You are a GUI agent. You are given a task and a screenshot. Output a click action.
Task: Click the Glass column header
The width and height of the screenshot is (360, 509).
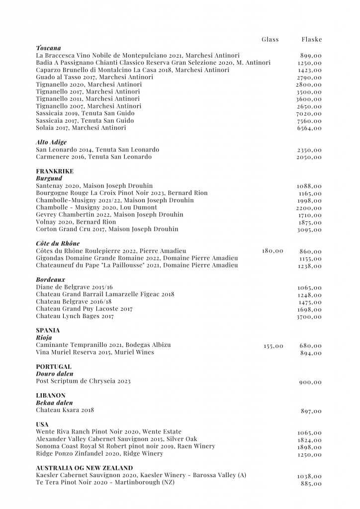pos(270,39)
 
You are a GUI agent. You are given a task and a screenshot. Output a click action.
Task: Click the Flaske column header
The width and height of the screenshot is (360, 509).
pos(312,39)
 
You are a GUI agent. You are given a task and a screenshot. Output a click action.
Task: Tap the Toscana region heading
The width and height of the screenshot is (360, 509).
pos(48,48)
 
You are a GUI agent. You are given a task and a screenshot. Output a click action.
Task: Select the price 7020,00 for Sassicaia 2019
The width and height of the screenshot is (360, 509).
pos(309,114)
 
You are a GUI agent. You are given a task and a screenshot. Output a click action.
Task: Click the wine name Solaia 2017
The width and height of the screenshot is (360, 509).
pos(81,128)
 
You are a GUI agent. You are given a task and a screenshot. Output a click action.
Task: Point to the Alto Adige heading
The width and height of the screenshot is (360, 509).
pos(51,142)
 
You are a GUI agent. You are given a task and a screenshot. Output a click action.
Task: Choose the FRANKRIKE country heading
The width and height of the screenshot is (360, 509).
pos(55,171)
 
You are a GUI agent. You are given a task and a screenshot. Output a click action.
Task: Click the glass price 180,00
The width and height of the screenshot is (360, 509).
pos(272,251)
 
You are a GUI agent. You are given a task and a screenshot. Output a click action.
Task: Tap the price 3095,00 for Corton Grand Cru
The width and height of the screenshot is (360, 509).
pos(309,230)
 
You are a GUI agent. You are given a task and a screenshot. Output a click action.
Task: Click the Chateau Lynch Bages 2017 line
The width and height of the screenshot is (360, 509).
pos(75,316)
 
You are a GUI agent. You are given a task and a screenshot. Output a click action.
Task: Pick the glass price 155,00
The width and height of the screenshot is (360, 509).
pos(273,345)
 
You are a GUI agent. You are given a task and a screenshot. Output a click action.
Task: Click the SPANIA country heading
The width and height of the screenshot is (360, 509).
pos(48,330)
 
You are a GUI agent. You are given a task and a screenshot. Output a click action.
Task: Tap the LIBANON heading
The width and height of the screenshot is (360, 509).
pos(51,395)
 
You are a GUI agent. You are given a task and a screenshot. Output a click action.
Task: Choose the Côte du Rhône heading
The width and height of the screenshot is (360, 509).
pos(58,244)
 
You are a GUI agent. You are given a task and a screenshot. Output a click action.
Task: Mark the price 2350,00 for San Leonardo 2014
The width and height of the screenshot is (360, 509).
pos(309,150)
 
